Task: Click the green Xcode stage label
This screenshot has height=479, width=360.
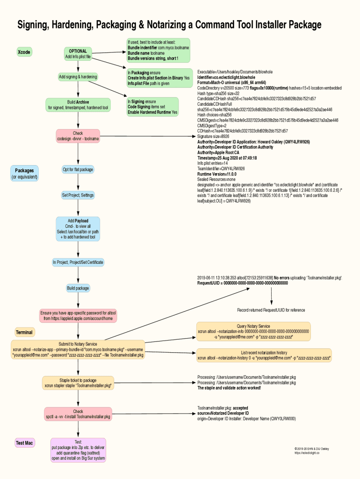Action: click(24, 52)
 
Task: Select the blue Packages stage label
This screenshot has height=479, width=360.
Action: click(24, 174)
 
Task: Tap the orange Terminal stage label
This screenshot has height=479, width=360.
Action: click(24, 332)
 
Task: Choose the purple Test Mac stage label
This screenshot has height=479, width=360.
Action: click(24, 443)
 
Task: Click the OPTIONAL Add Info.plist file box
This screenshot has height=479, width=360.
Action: click(78, 54)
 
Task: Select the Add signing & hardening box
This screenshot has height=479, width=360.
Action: click(78, 77)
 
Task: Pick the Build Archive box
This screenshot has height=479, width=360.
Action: click(78, 105)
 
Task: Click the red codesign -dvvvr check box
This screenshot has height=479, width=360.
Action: click(78, 136)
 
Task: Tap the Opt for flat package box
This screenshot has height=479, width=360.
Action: click(78, 169)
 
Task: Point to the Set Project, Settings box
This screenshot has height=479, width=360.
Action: click(78, 195)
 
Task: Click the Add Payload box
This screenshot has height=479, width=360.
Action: click(78, 229)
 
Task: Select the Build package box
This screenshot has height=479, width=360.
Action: click(78, 288)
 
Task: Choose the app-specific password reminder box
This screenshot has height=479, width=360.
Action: click(78, 316)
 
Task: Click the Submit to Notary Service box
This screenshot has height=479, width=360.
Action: click(78, 349)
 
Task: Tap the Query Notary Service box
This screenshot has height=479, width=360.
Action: click(253, 331)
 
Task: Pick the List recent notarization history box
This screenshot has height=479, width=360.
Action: click(264, 356)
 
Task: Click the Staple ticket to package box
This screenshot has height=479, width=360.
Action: click(78, 383)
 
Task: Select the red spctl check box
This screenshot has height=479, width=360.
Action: click(78, 414)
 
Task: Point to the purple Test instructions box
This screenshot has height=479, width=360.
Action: click(78, 450)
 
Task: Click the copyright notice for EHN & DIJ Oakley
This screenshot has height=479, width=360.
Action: click(311, 451)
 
